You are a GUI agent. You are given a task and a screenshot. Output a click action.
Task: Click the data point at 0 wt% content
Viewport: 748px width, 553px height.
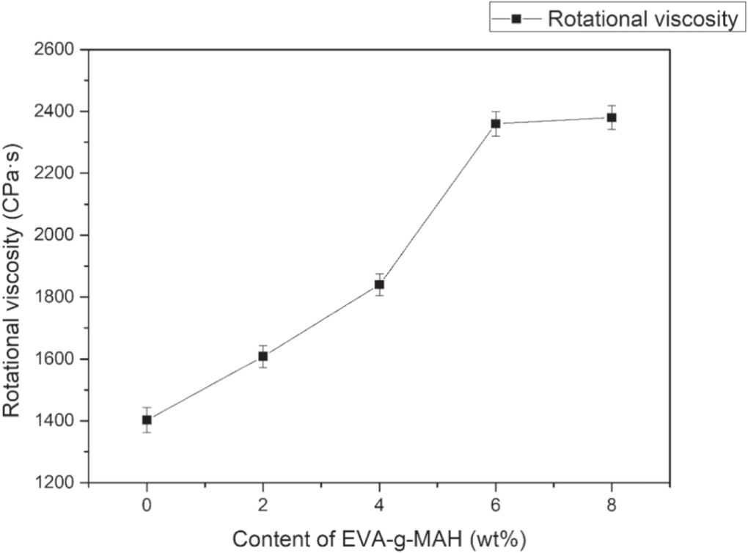click(x=147, y=420)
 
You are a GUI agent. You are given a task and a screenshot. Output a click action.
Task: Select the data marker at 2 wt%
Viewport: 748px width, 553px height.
click(x=263, y=356)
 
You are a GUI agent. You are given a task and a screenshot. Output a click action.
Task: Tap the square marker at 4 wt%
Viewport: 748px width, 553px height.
click(x=379, y=285)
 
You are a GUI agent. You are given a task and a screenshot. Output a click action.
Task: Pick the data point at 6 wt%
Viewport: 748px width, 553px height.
click(x=496, y=123)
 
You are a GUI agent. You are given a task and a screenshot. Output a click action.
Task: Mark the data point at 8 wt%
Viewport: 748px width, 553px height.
click(x=612, y=117)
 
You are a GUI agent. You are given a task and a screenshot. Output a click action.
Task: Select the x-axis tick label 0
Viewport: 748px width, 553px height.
click(x=147, y=505)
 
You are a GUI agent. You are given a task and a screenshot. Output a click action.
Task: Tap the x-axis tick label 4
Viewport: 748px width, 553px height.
click(x=379, y=505)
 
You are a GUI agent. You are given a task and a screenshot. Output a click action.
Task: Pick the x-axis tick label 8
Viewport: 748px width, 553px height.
click(x=612, y=505)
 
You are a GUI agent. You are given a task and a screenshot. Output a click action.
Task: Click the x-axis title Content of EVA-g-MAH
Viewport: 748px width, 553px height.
click(x=379, y=538)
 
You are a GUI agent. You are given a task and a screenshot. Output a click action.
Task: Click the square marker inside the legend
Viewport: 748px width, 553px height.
click(x=516, y=20)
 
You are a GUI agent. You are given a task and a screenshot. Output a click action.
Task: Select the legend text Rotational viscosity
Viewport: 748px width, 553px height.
click(x=642, y=20)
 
